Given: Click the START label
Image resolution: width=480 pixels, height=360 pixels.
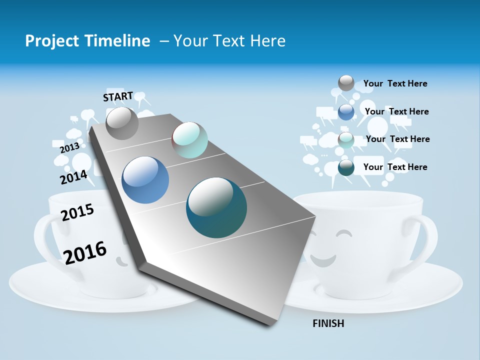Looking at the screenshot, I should click(x=118, y=96).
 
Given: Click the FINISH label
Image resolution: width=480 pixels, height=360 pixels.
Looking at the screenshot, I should click(x=328, y=323).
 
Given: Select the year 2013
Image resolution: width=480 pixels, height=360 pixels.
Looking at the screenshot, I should click(x=69, y=147).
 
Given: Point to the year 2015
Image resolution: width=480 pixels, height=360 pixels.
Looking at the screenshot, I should click(x=77, y=212).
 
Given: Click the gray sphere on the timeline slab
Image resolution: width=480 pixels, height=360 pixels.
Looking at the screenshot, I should click(x=122, y=123).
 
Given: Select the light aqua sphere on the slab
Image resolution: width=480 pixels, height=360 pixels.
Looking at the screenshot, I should click(x=189, y=140).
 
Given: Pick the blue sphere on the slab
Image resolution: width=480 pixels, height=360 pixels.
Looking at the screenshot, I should click(x=145, y=180).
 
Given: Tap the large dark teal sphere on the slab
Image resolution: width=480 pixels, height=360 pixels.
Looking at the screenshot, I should click(x=216, y=207).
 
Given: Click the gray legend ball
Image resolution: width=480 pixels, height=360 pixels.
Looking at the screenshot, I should click(x=346, y=83).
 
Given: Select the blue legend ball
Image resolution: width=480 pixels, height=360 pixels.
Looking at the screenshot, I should click(x=346, y=112).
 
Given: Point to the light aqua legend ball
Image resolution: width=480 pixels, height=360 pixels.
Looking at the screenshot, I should click(x=346, y=140).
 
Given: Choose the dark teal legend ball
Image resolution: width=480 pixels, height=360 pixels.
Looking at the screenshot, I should click(x=346, y=167).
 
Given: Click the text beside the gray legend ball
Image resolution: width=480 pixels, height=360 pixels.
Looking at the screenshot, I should click(x=395, y=83).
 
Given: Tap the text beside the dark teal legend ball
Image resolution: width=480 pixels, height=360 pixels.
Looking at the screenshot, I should click(x=395, y=167).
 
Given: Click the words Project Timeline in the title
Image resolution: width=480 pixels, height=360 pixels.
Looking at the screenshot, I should click(x=87, y=41).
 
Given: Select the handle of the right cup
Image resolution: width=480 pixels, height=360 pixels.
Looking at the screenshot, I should click(x=428, y=240).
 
